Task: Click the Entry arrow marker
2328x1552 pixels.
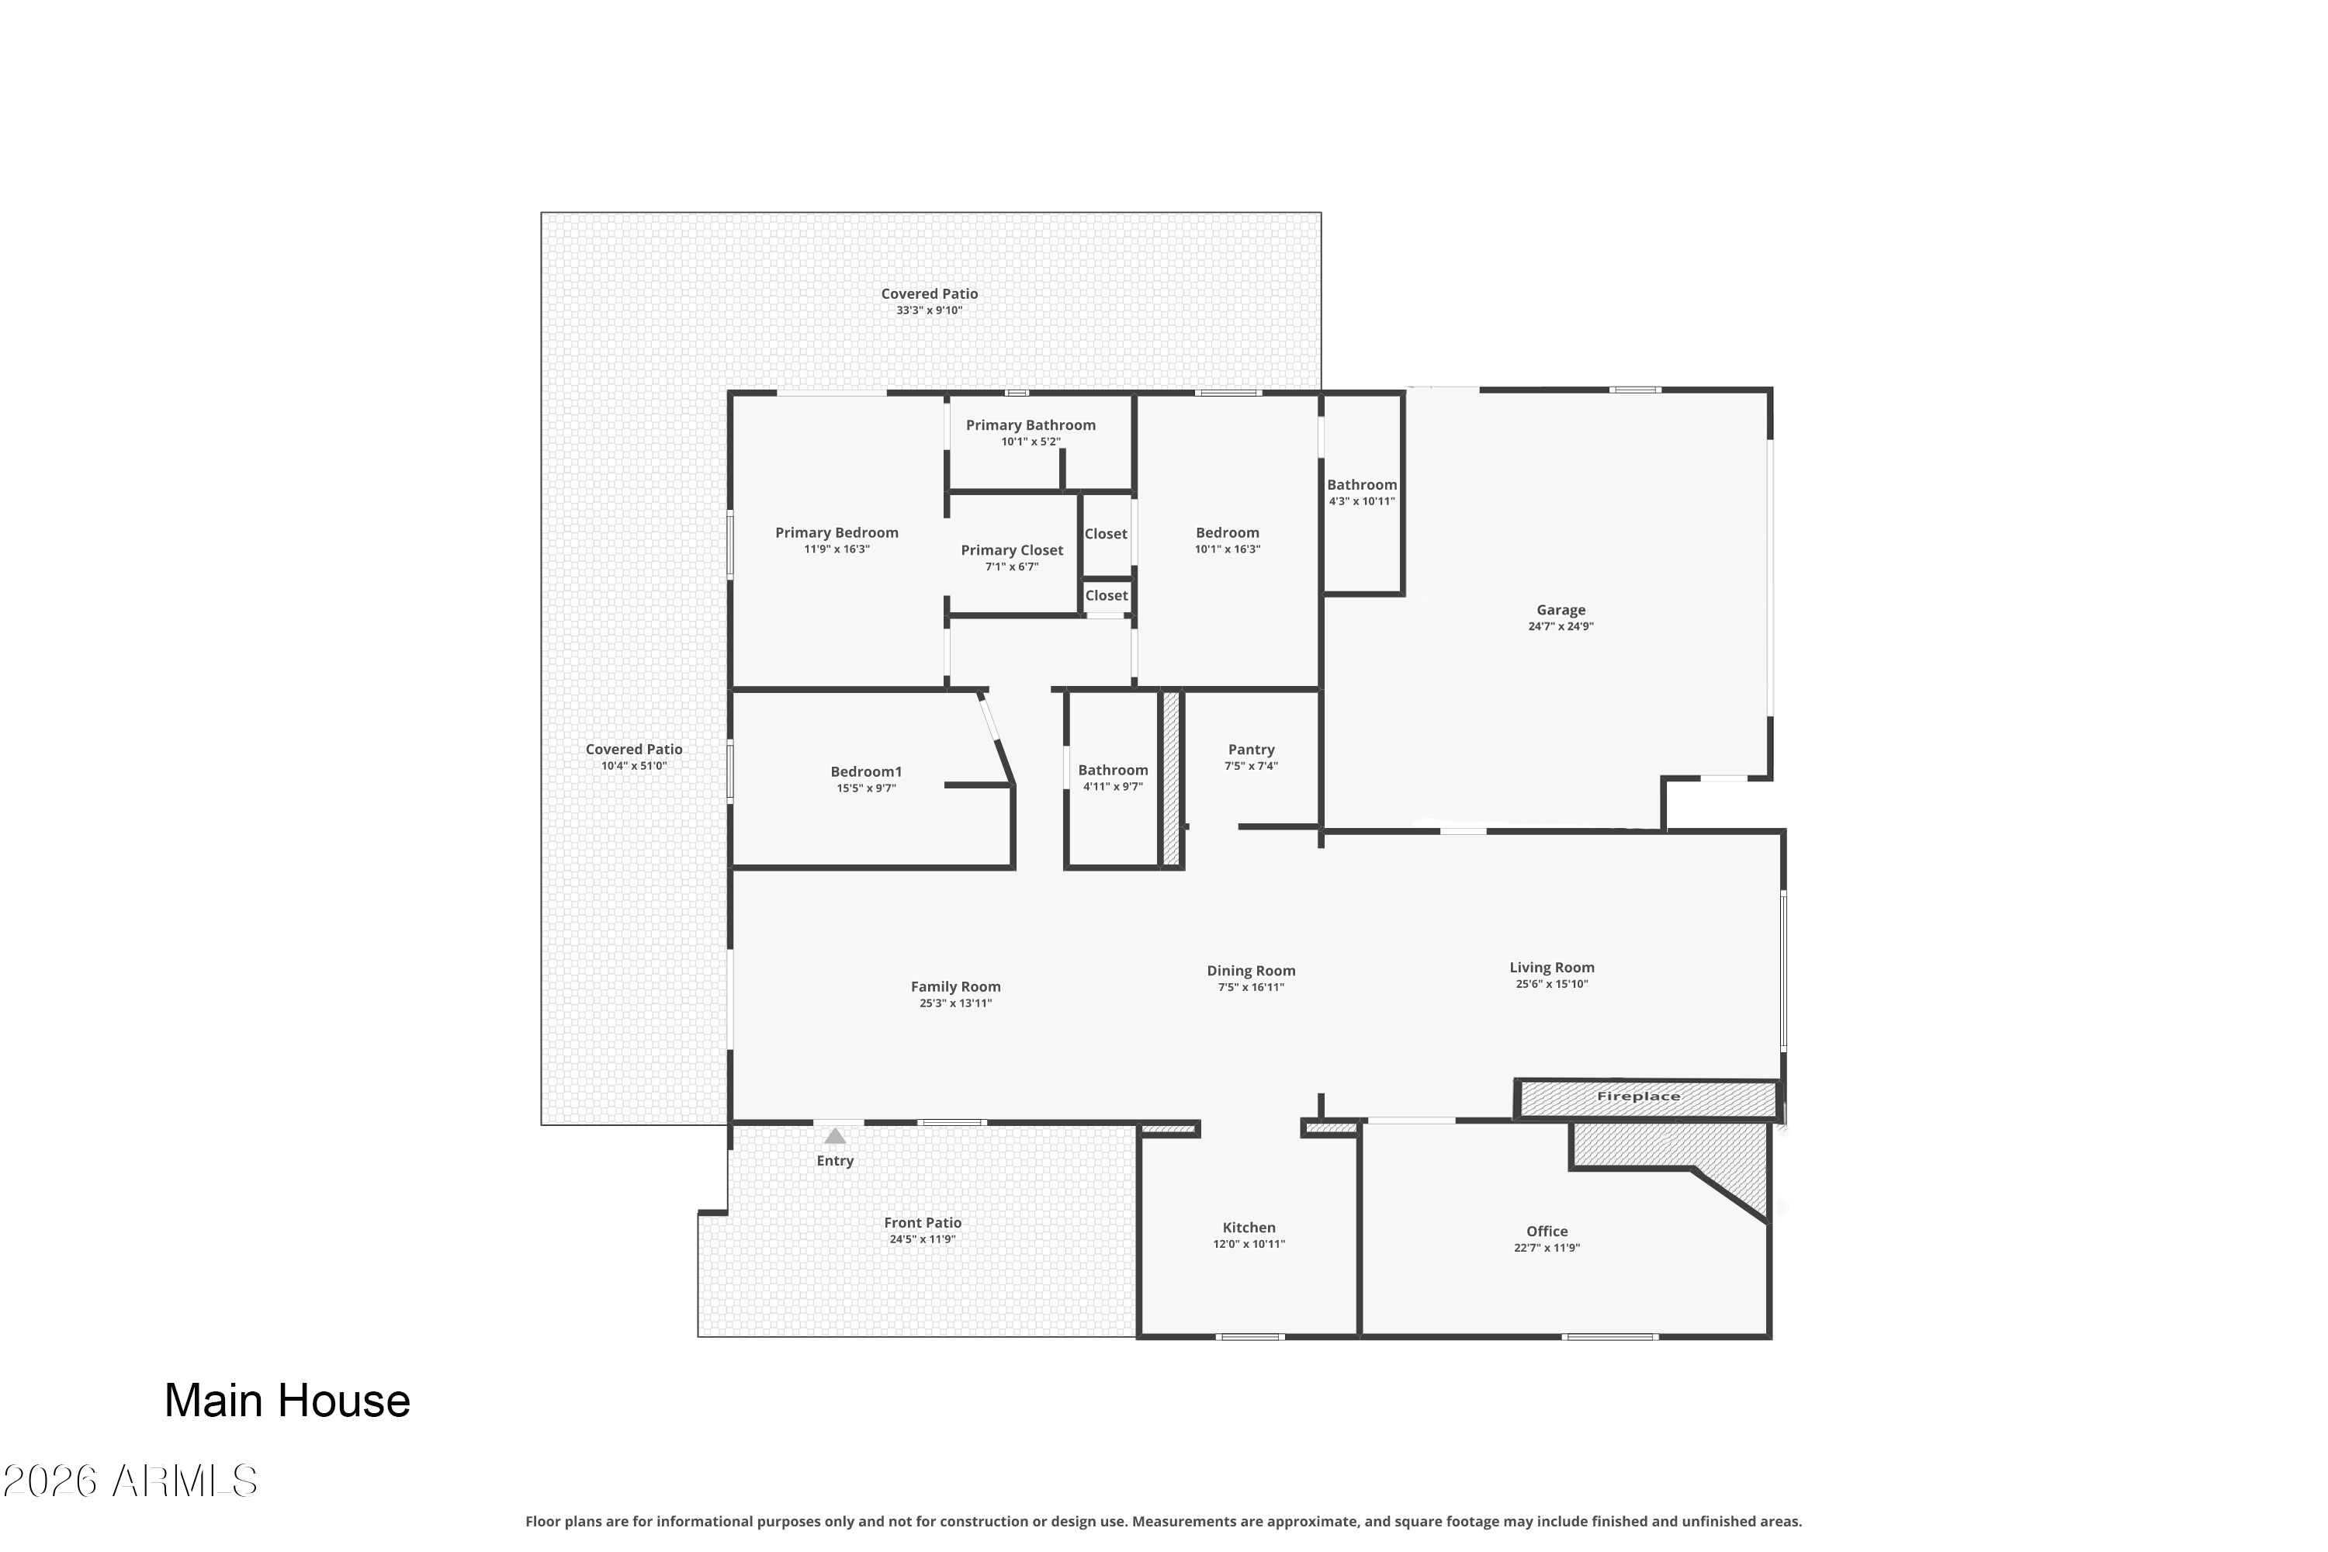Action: (836, 1136)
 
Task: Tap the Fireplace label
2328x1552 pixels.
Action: (1638, 1096)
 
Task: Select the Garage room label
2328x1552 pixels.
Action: (1561, 610)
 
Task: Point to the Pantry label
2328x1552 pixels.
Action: (1251, 750)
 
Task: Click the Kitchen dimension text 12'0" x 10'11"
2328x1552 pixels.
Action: (1249, 1244)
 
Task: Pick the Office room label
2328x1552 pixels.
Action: (1547, 1232)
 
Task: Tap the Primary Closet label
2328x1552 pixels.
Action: (1012, 550)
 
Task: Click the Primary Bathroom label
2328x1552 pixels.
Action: (1031, 424)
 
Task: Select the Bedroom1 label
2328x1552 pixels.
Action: (866, 771)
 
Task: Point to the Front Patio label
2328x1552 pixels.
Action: (923, 1222)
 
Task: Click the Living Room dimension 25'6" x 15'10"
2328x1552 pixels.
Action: (1552, 984)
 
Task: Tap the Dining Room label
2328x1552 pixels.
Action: (1251, 971)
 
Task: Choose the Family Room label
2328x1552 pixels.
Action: (955, 987)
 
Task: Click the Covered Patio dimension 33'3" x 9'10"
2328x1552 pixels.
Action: (930, 310)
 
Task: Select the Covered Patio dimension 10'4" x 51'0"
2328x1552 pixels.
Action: (635, 765)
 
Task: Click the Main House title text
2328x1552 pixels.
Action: (287, 1401)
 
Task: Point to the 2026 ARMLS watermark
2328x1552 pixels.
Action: (130, 1481)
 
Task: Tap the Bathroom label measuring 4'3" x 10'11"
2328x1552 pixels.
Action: (1362, 485)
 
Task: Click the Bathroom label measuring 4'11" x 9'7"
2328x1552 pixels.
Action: (1114, 770)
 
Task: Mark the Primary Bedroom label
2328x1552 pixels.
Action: (837, 532)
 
